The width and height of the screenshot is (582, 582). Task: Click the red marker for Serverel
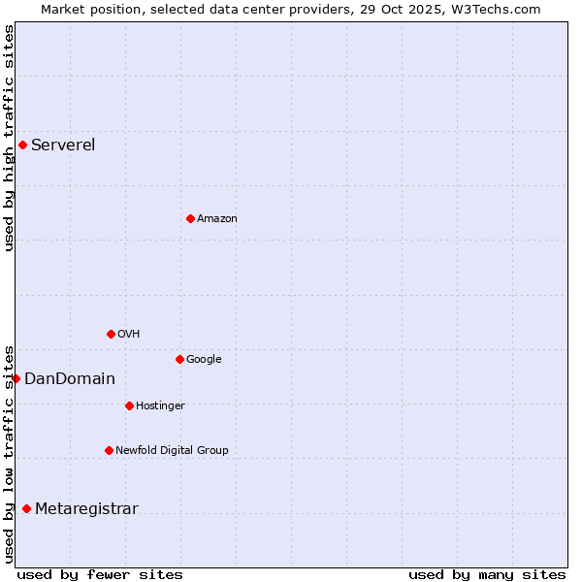click(22, 145)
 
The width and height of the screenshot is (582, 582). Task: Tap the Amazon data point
click(190, 218)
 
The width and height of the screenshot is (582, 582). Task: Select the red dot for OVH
click(111, 334)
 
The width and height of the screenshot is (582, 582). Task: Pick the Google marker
click(179, 359)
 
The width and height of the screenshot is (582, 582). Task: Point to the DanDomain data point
click(16, 378)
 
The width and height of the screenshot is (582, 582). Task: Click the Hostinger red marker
click(129, 405)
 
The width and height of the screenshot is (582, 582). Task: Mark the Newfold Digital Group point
click(109, 450)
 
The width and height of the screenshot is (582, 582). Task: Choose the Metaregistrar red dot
click(26, 508)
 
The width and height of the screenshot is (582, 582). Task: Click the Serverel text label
click(63, 145)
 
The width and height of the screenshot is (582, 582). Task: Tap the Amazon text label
click(217, 218)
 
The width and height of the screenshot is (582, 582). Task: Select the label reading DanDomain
click(70, 378)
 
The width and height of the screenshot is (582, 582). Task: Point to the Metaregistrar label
click(86, 508)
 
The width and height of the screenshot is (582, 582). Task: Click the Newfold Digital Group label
click(172, 450)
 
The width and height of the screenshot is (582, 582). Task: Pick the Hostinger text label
click(160, 405)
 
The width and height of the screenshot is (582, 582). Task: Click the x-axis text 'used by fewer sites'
click(100, 574)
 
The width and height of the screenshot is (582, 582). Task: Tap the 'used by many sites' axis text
click(487, 574)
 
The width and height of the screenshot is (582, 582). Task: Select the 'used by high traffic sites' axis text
click(9, 138)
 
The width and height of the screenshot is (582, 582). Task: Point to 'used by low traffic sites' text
click(9, 453)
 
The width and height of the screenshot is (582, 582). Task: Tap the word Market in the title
click(62, 10)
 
